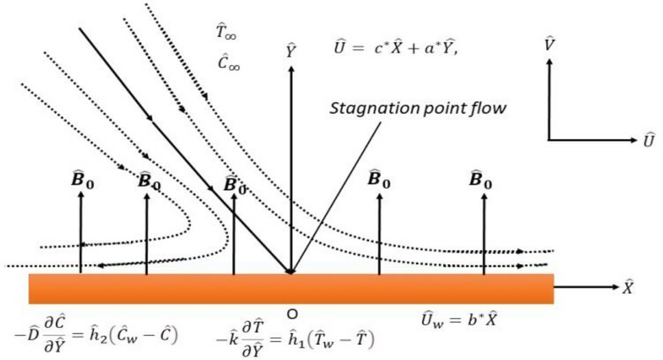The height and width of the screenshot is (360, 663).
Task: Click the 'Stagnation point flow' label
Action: tap(418, 109)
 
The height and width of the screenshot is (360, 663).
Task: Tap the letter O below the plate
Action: tap(292, 314)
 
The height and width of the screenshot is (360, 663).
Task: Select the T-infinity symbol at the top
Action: tap(226, 30)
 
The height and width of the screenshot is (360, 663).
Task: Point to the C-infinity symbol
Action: tap(228, 64)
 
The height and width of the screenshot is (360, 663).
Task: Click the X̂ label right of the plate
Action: tap(627, 287)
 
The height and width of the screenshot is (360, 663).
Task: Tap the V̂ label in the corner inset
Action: tap(548, 45)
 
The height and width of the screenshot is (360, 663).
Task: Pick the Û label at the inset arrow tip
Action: tap(648, 140)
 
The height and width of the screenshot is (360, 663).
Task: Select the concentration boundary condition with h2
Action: tap(106, 335)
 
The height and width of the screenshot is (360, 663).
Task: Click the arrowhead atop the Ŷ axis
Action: tap(292, 68)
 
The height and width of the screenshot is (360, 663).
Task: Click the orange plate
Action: tap(290, 288)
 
